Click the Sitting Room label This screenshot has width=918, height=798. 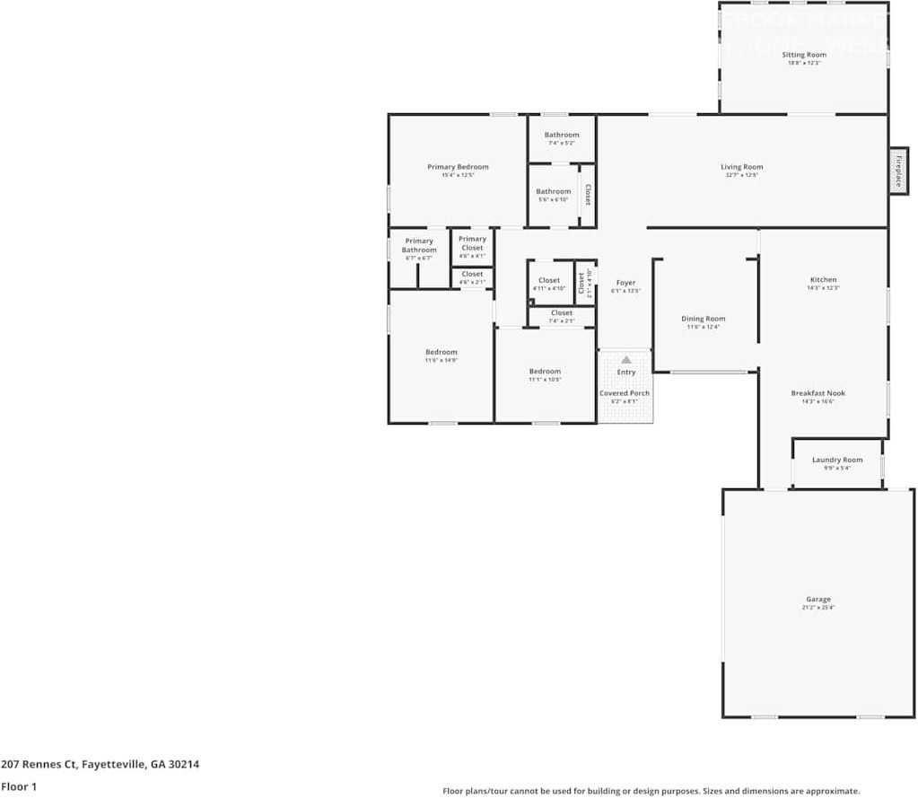pyautogui.click(x=803, y=55)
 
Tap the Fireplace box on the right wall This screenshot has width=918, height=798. pyautogui.click(x=897, y=169)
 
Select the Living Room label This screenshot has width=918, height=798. pyautogui.click(x=741, y=167)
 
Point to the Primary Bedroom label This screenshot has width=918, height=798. pyautogui.click(x=458, y=167)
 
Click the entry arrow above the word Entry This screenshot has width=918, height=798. pyautogui.click(x=626, y=359)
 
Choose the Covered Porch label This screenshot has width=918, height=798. pyautogui.click(x=625, y=393)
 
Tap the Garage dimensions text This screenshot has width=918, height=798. pyautogui.click(x=817, y=608)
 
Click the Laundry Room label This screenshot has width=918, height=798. pyautogui.click(x=836, y=460)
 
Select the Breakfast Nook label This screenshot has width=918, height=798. pyautogui.click(x=817, y=393)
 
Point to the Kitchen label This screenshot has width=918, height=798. pyautogui.click(x=822, y=280)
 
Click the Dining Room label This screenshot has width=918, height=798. pyautogui.click(x=703, y=319)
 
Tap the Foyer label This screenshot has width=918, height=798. pyautogui.click(x=625, y=283)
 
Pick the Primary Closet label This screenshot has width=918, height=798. pyautogui.click(x=472, y=243)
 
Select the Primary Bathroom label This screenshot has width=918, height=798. pyautogui.click(x=418, y=245)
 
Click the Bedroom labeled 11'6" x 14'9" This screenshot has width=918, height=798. pyautogui.click(x=441, y=352)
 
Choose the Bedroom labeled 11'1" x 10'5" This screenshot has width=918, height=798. pyautogui.click(x=544, y=372)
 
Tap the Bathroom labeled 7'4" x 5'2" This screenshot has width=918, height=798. pyautogui.click(x=561, y=136)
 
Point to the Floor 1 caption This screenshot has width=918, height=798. pyautogui.click(x=20, y=786)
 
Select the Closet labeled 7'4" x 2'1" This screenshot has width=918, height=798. pyautogui.click(x=562, y=313)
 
